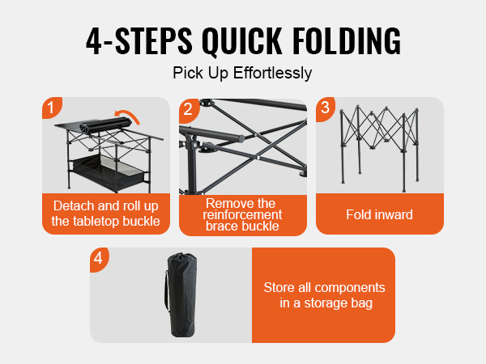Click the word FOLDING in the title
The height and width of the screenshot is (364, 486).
pyautogui.click(x=347, y=41)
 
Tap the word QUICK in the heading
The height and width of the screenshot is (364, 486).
pyautogui.click(x=241, y=42)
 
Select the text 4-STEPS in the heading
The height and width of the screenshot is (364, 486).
pyautogui.click(x=139, y=41)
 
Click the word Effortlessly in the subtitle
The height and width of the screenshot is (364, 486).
pyautogui.click(x=272, y=74)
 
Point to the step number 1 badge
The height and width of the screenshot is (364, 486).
pyautogui.click(x=51, y=107)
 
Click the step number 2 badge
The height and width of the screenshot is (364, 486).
pyautogui.click(x=188, y=109)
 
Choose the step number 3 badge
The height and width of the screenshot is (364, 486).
pyautogui.click(x=325, y=108)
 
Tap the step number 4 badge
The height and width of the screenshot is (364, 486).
pyautogui.click(x=98, y=258)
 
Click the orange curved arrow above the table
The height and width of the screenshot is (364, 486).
pyautogui.click(x=127, y=116)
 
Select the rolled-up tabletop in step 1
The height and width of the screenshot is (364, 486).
pyautogui.click(x=105, y=125)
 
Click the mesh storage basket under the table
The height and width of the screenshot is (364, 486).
pyautogui.click(x=109, y=171)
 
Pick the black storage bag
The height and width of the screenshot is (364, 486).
pyautogui.click(x=181, y=294)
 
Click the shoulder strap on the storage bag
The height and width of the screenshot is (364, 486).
pyautogui.click(x=166, y=290)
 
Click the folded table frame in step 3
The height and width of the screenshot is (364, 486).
pyautogui.click(x=380, y=149)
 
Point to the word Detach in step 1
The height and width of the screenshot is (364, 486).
pyautogui.click(x=74, y=205)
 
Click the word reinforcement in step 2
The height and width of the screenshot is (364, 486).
pyautogui.click(x=242, y=215)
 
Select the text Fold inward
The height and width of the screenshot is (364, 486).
pyautogui.click(x=379, y=214)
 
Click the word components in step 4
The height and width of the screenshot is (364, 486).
pyautogui.click(x=350, y=288)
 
